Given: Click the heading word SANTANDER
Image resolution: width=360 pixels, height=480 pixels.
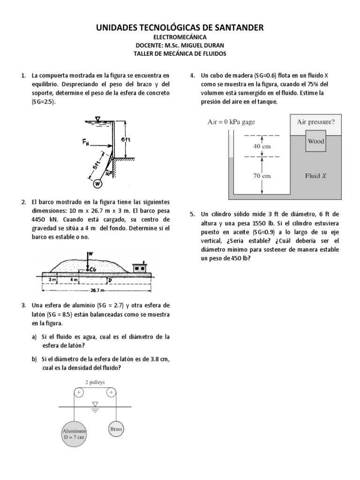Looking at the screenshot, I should pyautogui.click(x=232, y=28).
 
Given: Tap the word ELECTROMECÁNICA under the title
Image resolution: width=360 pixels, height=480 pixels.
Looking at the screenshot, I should pyautogui.click(x=180, y=37).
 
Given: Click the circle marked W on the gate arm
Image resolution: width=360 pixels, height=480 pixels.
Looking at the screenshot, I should pyautogui.click(x=97, y=184).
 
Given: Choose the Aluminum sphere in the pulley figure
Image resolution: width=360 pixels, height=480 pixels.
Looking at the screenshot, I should pyautogui.click(x=75, y=434).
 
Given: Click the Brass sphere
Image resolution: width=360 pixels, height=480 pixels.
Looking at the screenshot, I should pyautogui.click(x=116, y=428).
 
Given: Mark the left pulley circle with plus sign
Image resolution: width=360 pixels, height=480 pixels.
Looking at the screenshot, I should pyautogui.click(x=79, y=392).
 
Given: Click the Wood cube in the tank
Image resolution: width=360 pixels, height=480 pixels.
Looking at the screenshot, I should pyautogui.click(x=316, y=142).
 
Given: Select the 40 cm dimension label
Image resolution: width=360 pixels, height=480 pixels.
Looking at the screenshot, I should pyautogui.click(x=262, y=146).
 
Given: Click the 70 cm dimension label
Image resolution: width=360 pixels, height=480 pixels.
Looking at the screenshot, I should pyautogui.click(x=262, y=176).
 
